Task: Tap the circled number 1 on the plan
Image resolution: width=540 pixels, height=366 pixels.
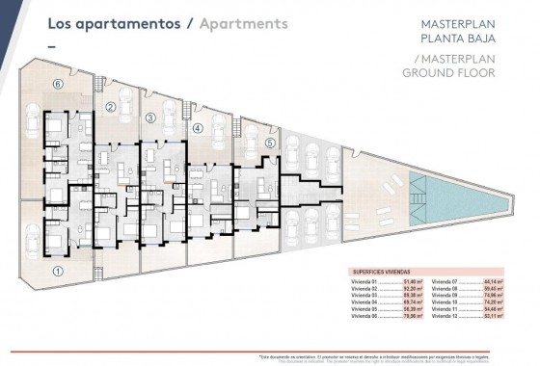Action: click(58, 272)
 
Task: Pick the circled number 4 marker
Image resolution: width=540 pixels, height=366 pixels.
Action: click(197, 127)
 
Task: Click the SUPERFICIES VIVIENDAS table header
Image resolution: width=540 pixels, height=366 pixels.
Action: click(379, 272)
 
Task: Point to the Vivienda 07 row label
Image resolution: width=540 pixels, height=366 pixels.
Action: click(448, 280)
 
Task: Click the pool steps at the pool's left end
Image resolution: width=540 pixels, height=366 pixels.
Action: click(412, 183)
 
